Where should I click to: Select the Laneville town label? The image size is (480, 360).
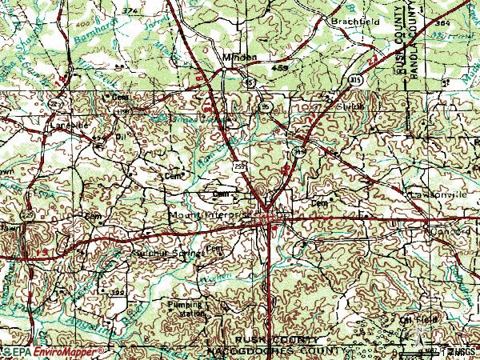point(68,126)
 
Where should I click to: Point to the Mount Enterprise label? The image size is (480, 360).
point(211,215)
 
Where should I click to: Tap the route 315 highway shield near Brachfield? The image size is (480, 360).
point(353,79)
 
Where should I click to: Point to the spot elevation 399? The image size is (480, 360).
point(118,293)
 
